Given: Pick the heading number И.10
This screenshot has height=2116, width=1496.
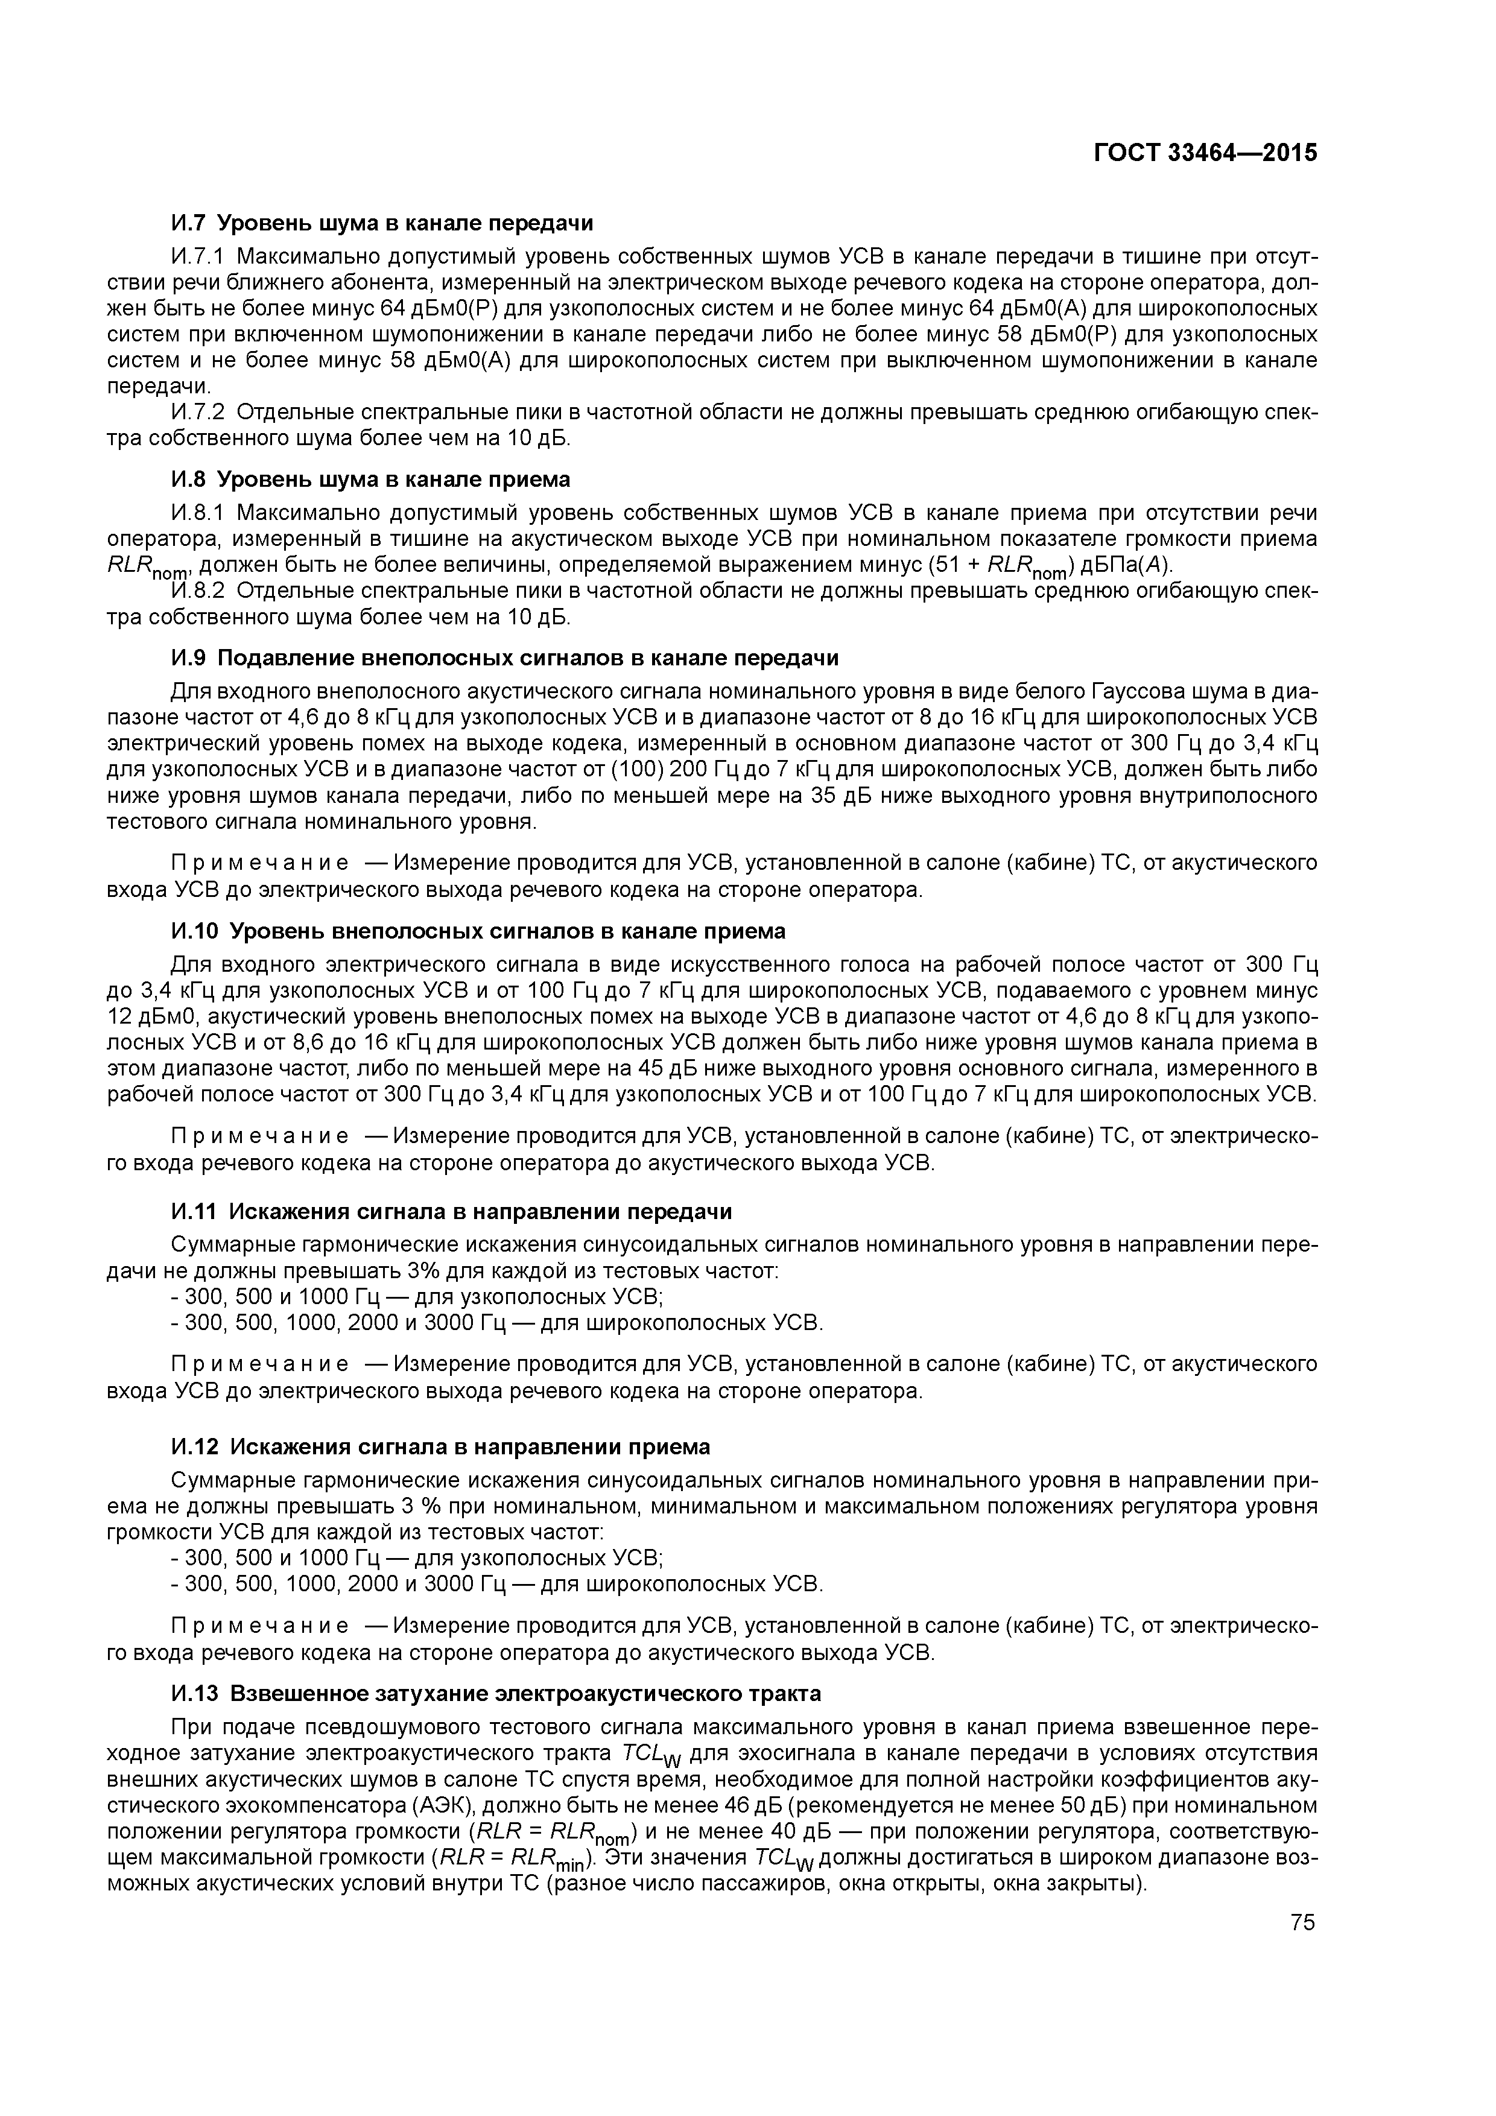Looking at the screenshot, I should click(x=194, y=932).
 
